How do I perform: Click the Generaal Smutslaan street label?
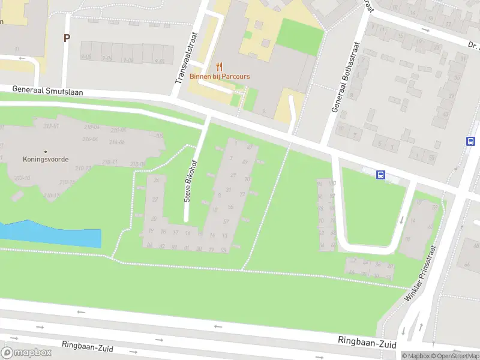click(47, 91)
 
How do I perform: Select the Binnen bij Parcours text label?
click(220, 76)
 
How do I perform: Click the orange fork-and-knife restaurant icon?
click(220, 67)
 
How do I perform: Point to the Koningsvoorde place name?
click(46, 160)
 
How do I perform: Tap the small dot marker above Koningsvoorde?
click(46, 151)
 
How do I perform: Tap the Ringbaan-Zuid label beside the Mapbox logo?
click(88, 347)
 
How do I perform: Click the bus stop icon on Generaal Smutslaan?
click(380, 175)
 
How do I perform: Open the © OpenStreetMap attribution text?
click(456, 356)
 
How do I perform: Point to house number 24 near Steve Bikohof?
click(157, 180)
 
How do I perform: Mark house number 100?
click(332, 184)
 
